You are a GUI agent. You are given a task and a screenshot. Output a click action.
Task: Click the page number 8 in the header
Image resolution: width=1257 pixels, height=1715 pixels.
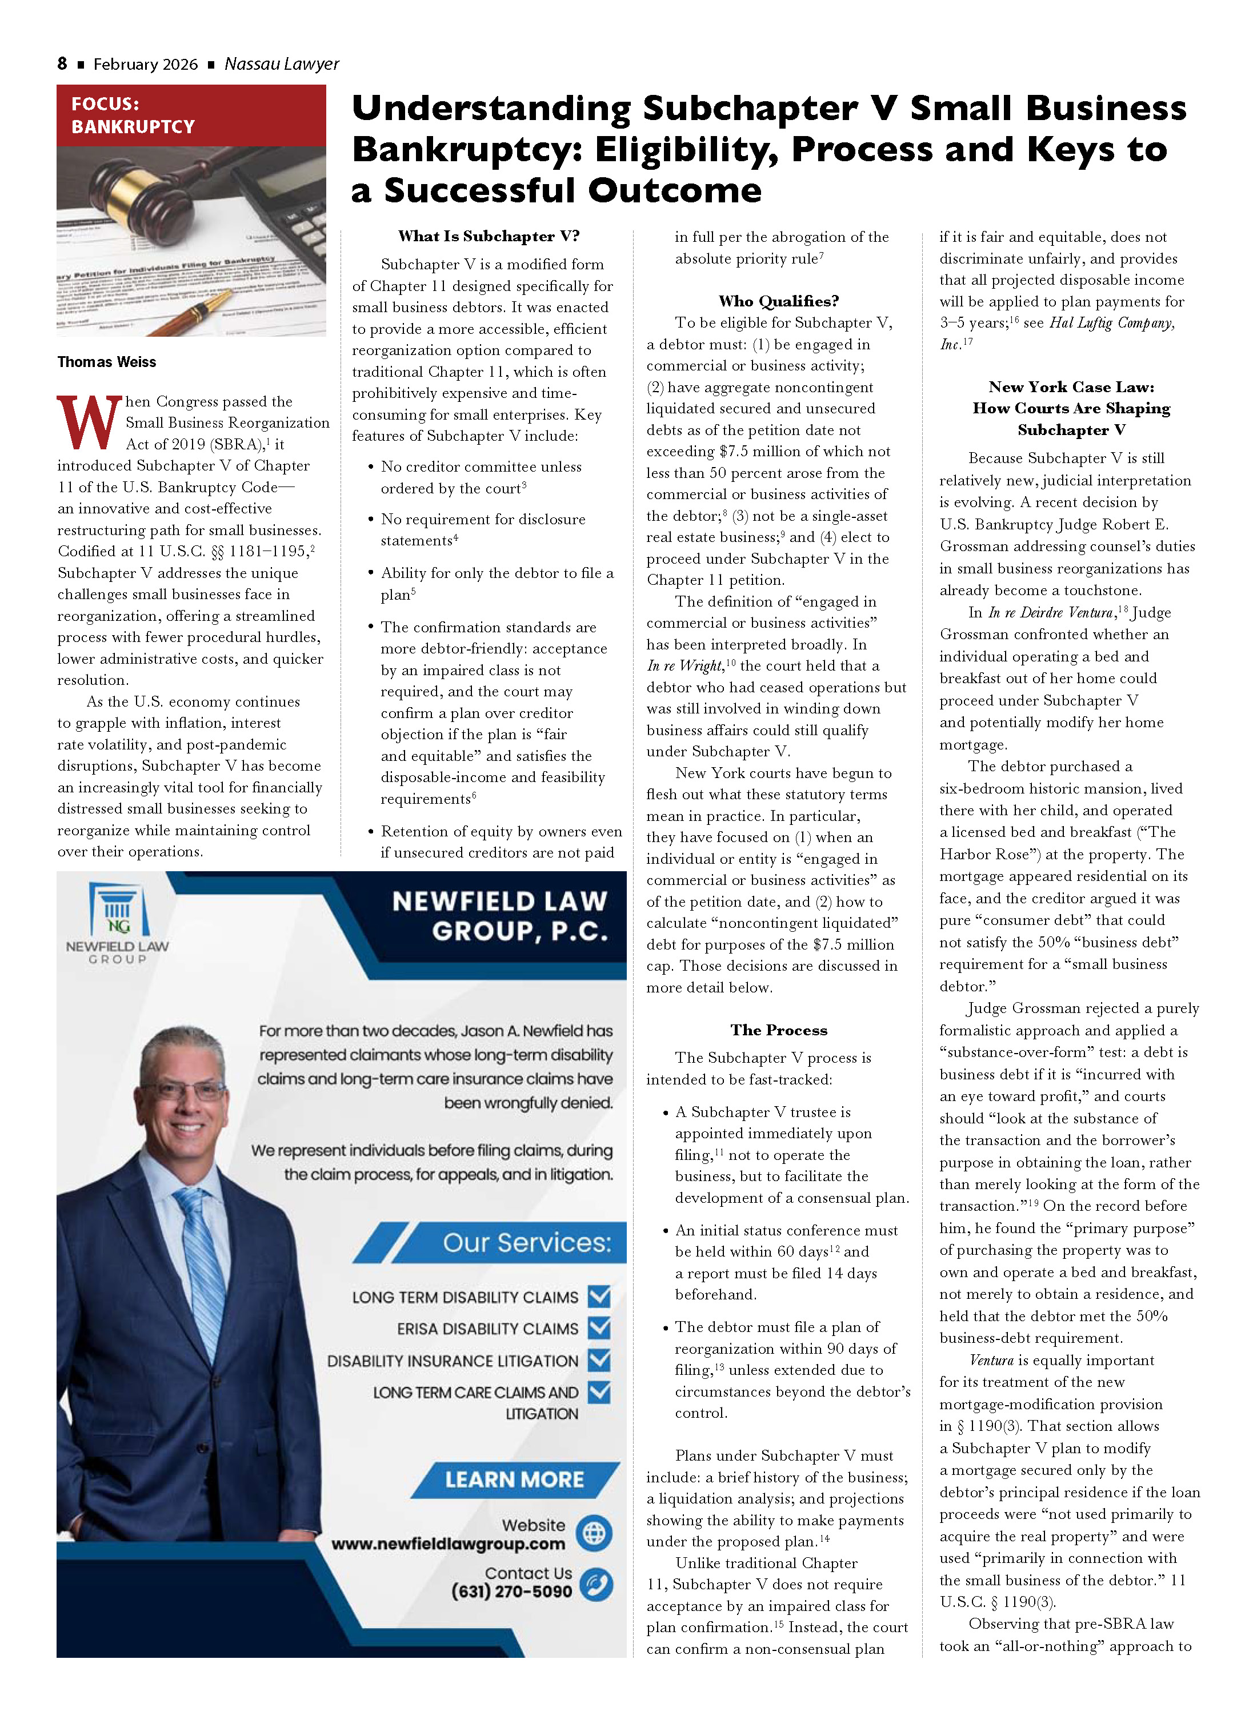click(x=62, y=64)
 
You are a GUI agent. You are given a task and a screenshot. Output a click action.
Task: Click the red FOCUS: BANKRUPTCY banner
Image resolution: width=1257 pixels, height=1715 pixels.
click(x=190, y=115)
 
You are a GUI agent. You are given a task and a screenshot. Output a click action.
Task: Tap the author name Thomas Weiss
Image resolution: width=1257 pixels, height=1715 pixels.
click(x=106, y=362)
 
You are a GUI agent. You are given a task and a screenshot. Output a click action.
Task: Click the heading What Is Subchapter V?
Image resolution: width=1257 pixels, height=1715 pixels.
click(x=489, y=236)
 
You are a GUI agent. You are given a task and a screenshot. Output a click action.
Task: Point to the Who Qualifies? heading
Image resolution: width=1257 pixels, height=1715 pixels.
click(x=778, y=301)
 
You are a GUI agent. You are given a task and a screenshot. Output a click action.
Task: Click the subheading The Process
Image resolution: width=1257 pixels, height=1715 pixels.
click(x=778, y=1030)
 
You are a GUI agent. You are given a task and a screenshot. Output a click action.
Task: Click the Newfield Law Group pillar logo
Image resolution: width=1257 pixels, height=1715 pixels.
click(x=118, y=910)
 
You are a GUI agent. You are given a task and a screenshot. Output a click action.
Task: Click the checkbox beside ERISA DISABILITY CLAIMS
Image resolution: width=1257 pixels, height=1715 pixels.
click(x=599, y=1327)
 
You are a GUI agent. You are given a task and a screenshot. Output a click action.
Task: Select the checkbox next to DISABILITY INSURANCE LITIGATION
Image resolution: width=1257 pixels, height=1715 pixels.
click(x=599, y=1359)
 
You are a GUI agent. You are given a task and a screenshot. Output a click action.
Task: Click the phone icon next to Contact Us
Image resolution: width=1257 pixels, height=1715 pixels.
click(x=596, y=1584)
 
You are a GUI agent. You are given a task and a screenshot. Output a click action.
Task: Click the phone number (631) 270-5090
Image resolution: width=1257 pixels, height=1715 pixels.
click(x=511, y=1591)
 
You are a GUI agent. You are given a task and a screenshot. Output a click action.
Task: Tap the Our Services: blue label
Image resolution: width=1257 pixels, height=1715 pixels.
click(x=527, y=1243)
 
